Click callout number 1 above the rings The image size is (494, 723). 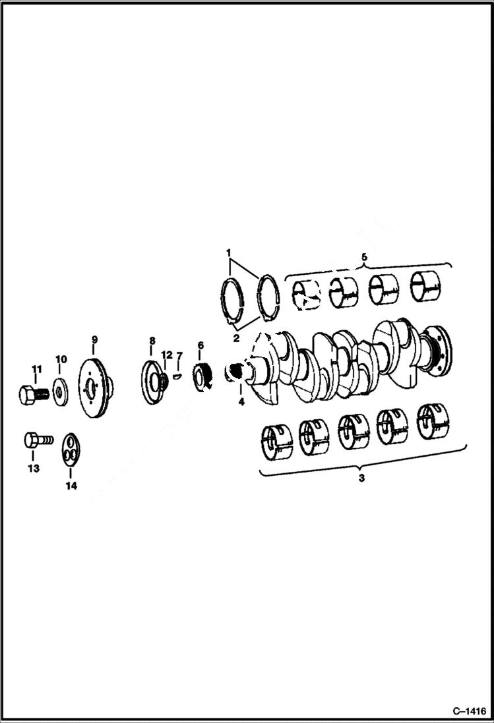coord(228,252)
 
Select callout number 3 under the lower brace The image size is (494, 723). coord(361,479)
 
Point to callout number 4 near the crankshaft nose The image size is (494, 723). coord(241,401)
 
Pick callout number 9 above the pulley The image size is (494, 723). coord(94,339)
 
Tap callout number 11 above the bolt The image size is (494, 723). coord(37,369)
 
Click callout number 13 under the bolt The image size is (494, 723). coord(33,469)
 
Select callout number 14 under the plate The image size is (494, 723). coord(71,486)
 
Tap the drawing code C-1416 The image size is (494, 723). coord(469,711)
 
